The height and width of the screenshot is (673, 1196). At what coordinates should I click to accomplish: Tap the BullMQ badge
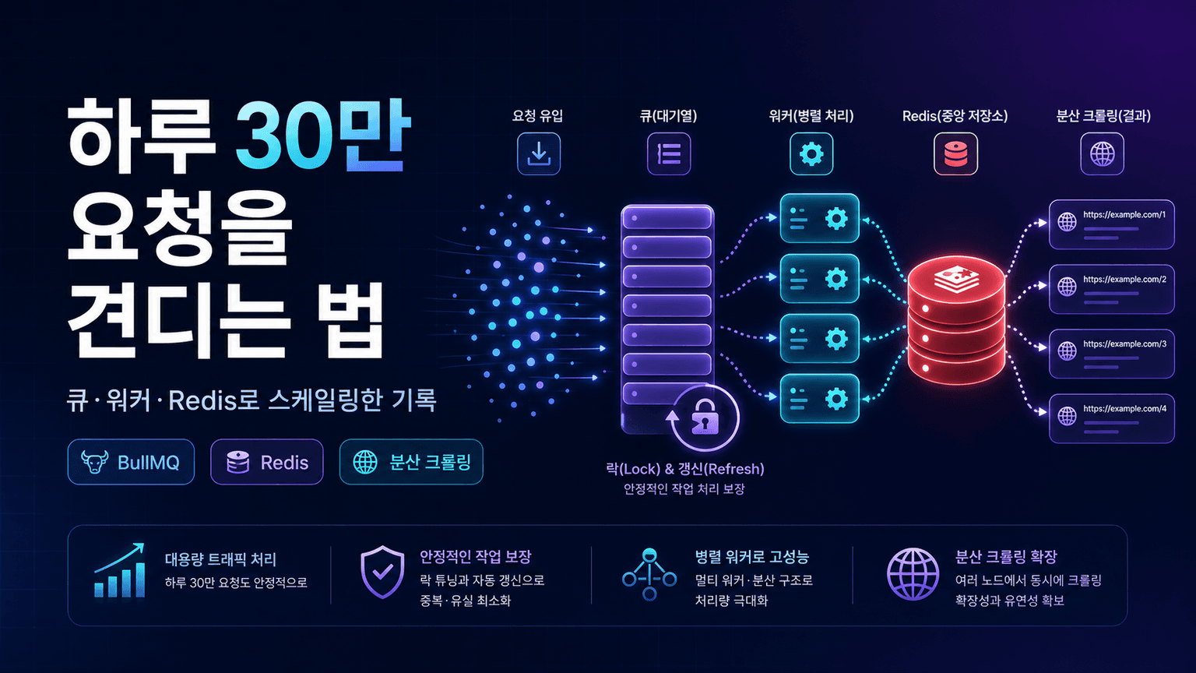(x=131, y=462)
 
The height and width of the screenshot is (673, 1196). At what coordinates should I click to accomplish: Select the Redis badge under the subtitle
(x=267, y=462)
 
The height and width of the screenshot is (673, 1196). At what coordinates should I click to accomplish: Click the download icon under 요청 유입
(x=539, y=153)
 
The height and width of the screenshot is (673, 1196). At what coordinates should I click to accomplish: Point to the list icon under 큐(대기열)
(x=669, y=153)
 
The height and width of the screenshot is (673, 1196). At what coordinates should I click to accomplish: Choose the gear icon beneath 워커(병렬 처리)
(x=811, y=153)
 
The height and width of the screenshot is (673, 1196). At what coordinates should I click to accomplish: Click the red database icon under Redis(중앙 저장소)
(x=955, y=153)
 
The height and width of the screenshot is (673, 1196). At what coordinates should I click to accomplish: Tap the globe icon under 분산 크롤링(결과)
(x=1102, y=153)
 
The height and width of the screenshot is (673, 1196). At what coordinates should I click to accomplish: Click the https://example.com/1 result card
(x=1112, y=224)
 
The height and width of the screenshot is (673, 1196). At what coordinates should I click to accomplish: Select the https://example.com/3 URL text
(x=1125, y=344)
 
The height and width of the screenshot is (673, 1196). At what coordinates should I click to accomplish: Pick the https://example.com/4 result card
(x=1112, y=418)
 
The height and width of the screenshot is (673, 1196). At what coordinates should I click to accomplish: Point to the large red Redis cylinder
(x=956, y=319)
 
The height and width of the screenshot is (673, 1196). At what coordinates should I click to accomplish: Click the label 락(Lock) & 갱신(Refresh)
(x=685, y=469)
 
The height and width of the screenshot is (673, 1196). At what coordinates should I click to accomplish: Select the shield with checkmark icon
(x=382, y=572)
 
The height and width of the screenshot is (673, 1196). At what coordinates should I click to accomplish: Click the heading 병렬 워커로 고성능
(x=751, y=557)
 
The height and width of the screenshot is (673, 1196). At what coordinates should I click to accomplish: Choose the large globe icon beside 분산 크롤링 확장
(x=913, y=574)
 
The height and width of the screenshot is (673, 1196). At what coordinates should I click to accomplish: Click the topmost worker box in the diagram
(x=820, y=218)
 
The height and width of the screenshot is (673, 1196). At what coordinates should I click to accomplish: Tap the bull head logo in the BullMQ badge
(x=94, y=461)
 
